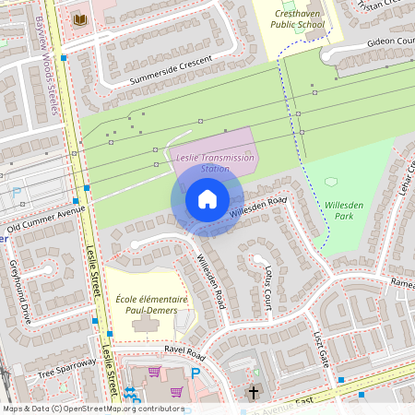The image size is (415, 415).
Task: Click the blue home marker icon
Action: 207,199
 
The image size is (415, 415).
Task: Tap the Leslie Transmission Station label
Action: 214,163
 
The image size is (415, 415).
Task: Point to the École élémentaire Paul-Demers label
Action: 152,305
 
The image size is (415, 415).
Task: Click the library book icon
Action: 79,19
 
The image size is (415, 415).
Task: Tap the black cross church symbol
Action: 254,393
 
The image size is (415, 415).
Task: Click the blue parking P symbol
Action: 195,373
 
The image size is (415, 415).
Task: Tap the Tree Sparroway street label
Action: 66,368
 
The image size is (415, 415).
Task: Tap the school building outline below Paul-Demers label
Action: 145,325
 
